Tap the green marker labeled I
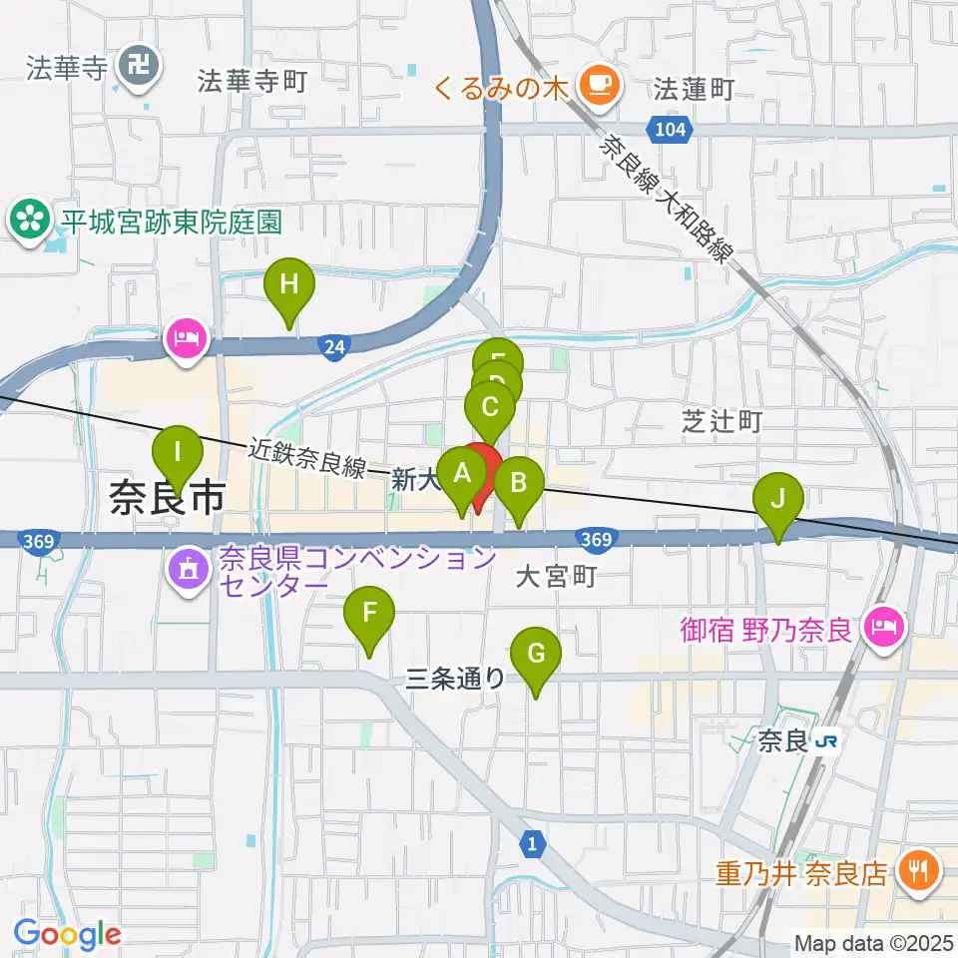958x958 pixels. pos(178,453)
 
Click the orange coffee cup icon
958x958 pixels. pos(599,85)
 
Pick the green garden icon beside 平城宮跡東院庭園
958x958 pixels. pos(29,220)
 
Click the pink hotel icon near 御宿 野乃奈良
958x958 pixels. pos(882,630)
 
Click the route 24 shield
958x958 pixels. pos(334,346)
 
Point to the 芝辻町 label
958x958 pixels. pos(721,421)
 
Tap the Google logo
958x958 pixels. pos(68,933)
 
